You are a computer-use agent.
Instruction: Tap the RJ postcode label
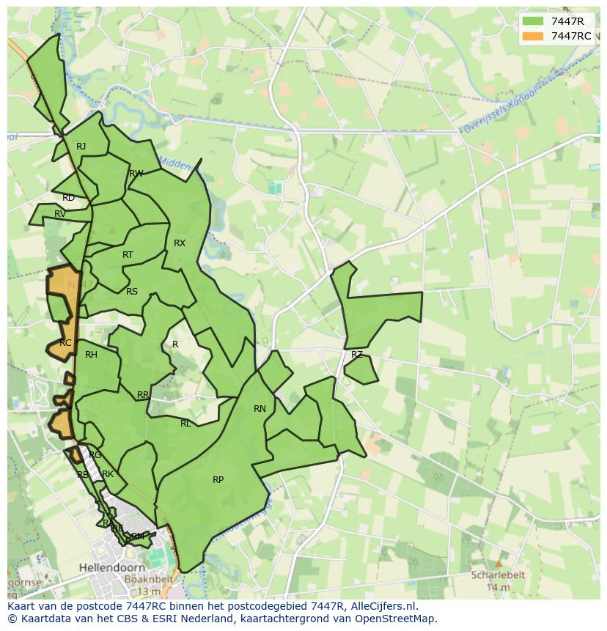coord(81,147)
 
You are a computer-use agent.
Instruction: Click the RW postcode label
coord(136,174)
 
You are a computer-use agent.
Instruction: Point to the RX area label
coord(180,243)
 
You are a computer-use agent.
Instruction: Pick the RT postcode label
coord(128,255)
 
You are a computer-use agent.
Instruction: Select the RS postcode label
coord(132,292)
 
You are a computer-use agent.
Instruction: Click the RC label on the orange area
coord(65,343)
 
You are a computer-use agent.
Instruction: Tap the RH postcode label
coord(91,355)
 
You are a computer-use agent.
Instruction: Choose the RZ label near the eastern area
coord(357,355)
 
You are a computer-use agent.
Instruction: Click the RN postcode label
coord(260,409)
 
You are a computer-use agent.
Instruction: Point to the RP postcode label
coord(218,480)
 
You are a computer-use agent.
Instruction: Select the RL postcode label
coord(185,424)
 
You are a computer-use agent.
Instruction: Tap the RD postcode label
coord(68,198)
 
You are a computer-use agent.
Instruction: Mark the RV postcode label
coord(60,214)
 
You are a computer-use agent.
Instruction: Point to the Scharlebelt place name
coord(499,576)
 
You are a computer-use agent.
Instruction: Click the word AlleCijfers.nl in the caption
coord(380,607)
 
